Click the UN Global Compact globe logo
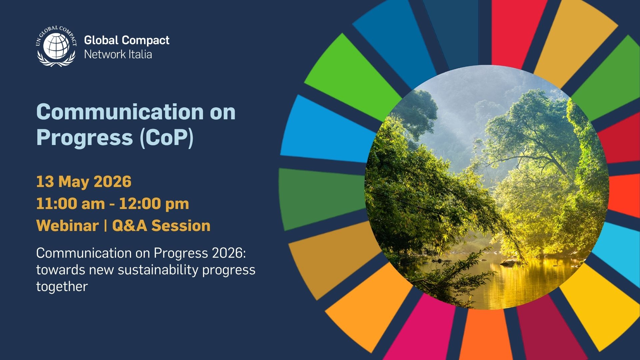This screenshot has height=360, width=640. [56, 46]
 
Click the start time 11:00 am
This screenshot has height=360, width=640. [70, 204]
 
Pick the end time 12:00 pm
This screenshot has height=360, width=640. [154, 204]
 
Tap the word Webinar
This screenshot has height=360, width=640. [67, 226]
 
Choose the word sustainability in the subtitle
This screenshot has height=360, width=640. [158, 270]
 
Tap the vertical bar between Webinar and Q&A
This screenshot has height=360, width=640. [105, 226]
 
